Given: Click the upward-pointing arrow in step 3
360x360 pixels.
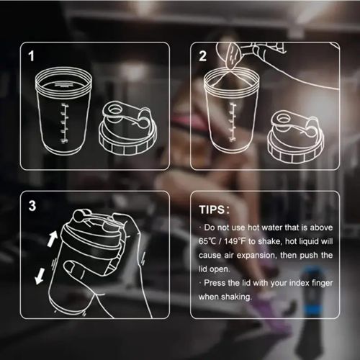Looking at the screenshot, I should click(x=53, y=238).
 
